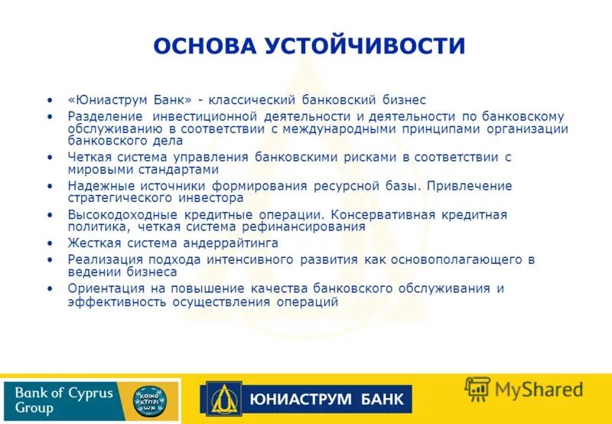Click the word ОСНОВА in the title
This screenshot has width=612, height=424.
(204, 45)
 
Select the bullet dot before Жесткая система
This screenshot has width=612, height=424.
(50, 243)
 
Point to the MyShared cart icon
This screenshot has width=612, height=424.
(478, 390)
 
